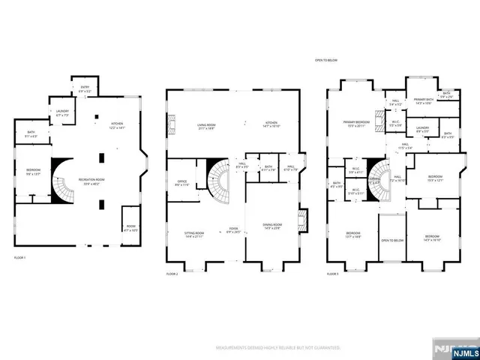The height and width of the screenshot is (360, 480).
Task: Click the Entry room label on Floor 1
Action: click(x=85, y=88)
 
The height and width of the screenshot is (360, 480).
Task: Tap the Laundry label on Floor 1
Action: click(x=62, y=113)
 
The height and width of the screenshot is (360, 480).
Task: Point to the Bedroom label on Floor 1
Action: click(x=32, y=171)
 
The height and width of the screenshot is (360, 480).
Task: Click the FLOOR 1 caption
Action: click(x=20, y=258)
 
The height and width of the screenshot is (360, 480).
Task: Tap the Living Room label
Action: click(x=207, y=127)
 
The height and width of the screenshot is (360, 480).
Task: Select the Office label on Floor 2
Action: click(x=182, y=182)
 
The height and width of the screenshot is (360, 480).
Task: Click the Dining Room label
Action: click(x=272, y=226)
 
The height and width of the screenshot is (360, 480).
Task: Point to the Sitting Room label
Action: click(x=195, y=235)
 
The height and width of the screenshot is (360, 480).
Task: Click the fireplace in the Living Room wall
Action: click(x=172, y=124)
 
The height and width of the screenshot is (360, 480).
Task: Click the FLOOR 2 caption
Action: click(x=173, y=274)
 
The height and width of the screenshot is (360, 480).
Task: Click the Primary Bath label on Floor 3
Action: click(x=422, y=102)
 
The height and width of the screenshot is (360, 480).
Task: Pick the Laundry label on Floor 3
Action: click(x=422, y=129)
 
